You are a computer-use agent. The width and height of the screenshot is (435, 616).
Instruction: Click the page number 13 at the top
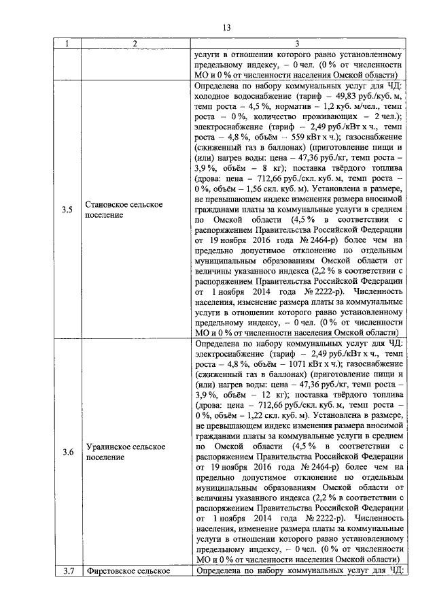click(226, 28)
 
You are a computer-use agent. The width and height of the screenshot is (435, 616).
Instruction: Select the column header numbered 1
click(67, 44)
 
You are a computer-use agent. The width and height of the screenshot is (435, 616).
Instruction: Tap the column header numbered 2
click(135, 44)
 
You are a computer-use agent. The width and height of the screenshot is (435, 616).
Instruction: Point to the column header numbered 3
click(297, 44)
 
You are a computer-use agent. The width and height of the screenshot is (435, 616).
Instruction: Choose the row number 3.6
click(67, 451)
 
